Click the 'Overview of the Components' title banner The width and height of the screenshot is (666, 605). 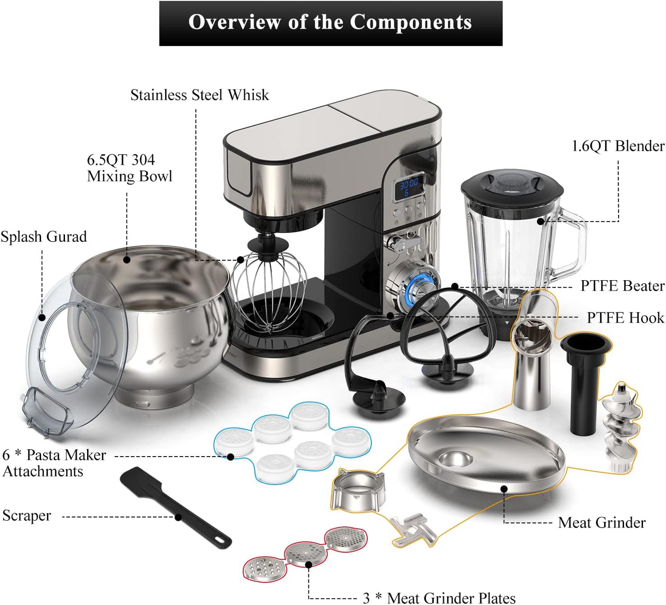(x=330, y=23)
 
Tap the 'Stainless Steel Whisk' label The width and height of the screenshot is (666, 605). (x=199, y=95)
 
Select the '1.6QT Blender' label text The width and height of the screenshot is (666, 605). (x=618, y=146)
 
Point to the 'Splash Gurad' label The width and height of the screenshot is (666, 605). (x=44, y=237)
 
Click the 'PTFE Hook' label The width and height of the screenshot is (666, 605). (x=625, y=318)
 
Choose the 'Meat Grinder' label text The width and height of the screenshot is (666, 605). (x=601, y=523)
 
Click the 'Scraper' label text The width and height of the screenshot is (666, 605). (x=27, y=516)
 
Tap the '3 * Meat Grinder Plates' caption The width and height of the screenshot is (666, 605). (x=439, y=598)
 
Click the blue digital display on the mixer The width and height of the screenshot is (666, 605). (x=409, y=188)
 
